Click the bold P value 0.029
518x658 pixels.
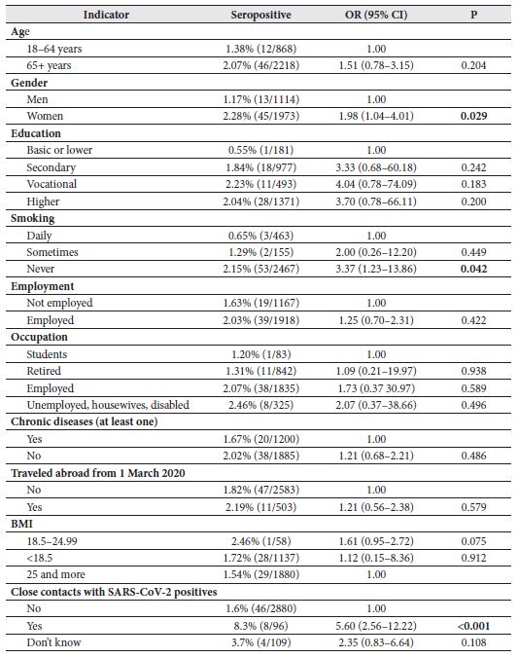click(x=473, y=116)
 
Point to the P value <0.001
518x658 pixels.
click(x=472, y=626)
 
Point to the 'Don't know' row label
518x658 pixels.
click(x=53, y=642)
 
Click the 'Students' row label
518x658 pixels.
click(x=49, y=353)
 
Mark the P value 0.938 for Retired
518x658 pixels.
click(x=473, y=371)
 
